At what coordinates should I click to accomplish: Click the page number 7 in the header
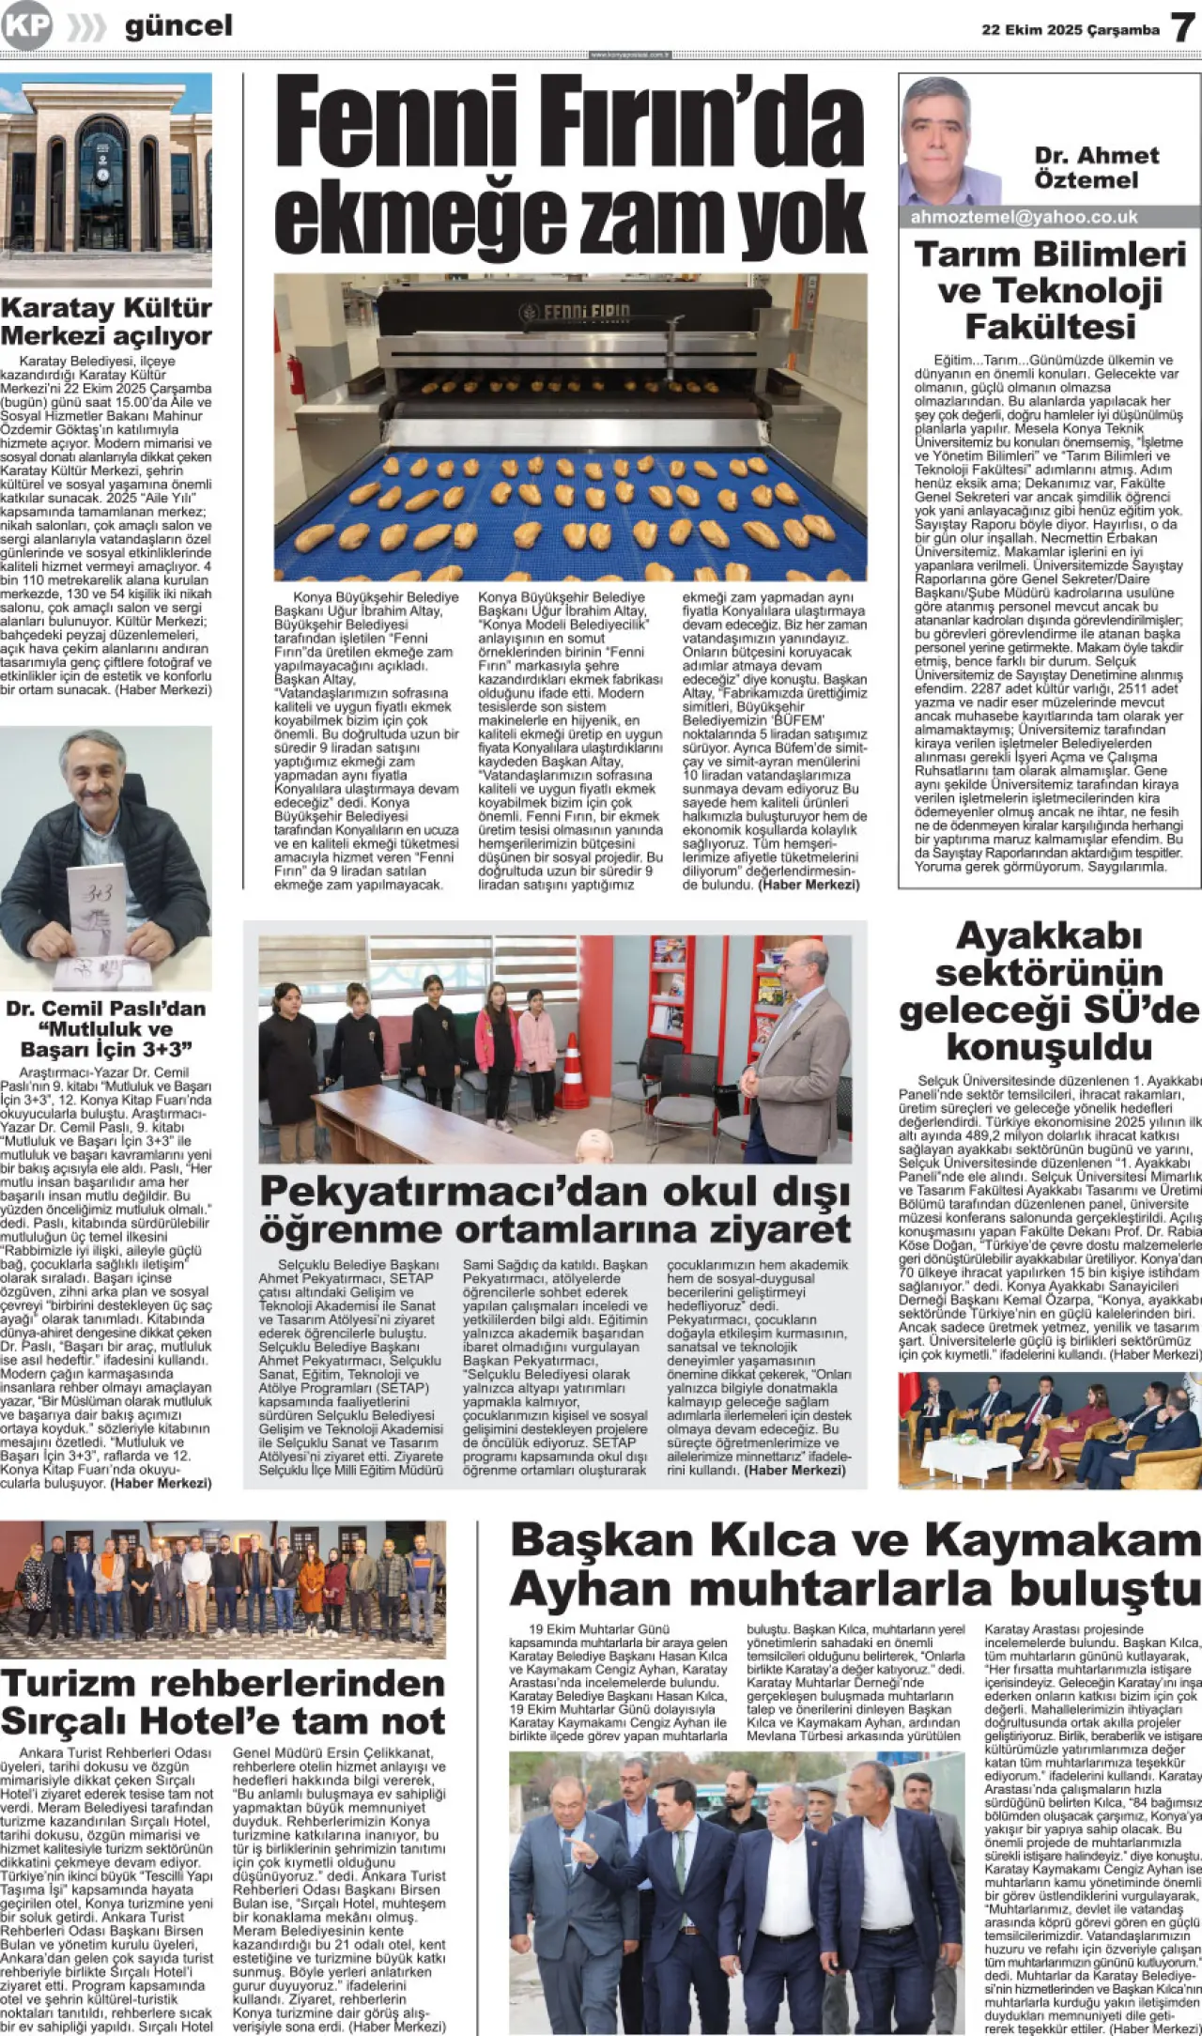1182,27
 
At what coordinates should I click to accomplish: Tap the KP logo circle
26,26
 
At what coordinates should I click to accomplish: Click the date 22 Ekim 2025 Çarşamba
1071,30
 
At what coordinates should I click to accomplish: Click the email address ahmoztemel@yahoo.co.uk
1024,217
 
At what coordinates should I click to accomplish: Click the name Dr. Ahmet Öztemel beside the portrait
1096,167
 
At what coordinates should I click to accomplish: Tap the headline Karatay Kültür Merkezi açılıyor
106,321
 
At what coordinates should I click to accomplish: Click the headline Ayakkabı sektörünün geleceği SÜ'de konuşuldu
1049,991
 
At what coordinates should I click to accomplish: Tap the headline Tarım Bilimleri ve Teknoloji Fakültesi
1049,290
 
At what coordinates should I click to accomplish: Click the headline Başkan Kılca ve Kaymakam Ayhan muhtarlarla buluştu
855,1566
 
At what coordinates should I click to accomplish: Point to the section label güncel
178,26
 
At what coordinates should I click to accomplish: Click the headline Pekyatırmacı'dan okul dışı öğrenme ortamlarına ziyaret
555,1210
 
